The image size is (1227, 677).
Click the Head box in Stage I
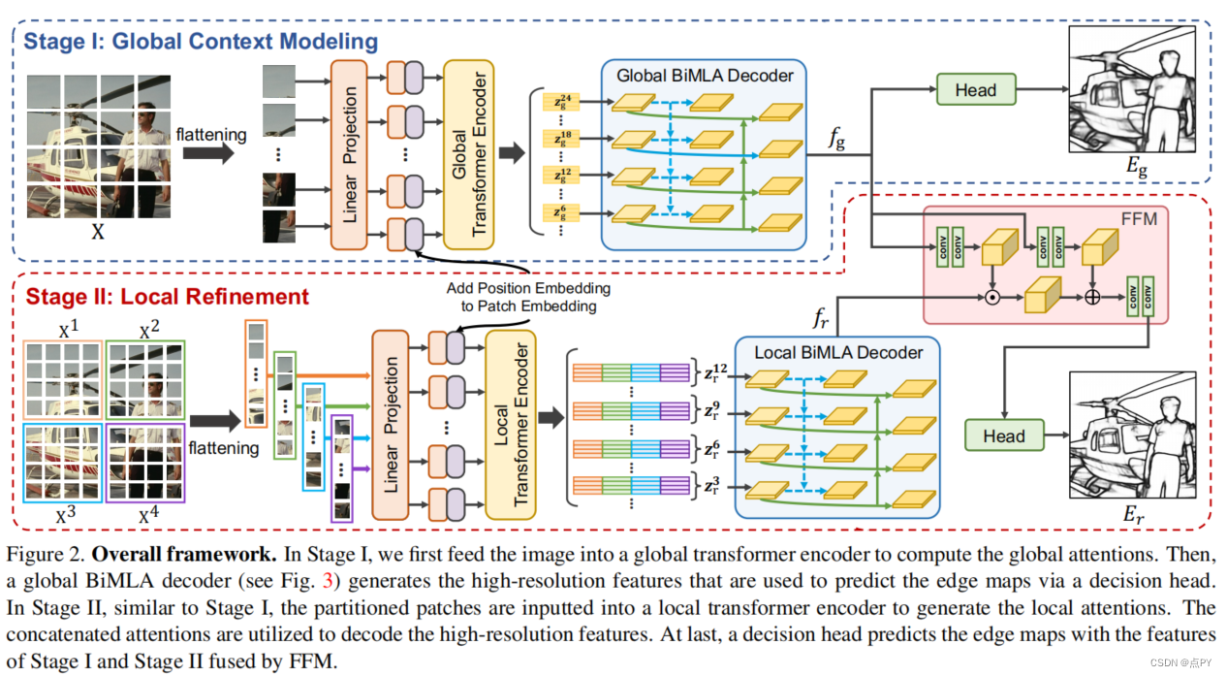click(x=976, y=89)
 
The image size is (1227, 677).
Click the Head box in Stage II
click(x=1004, y=435)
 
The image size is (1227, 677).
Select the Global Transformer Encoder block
click(x=468, y=154)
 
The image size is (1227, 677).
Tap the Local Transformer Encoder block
click(x=511, y=425)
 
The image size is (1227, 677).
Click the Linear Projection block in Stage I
click(x=349, y=154)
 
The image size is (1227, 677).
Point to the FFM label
click(x=1139, y=219)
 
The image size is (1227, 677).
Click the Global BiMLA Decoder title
click(x=705, y=76)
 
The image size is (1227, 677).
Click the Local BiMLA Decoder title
click(x=838, y=352)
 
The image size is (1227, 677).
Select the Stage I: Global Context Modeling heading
click(x=201, y=42)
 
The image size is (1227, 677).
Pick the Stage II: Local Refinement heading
click(x=167, y=297)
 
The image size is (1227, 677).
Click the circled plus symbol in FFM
click(x=1092, y=297)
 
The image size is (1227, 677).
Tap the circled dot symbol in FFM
click(x=992, y=297)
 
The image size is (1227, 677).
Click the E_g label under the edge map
click(x=1137, y=167)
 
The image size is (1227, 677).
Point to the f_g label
click(x=836, y=138)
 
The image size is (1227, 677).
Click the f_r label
click(x=821, y=318)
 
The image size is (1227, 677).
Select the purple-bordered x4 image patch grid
click(x=145, y=463)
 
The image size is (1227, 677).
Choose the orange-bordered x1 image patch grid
click(x=62, y=380)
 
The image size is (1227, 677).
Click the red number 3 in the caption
click(x=328, y=581)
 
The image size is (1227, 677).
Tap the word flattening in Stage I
click(x=211, y=134)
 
